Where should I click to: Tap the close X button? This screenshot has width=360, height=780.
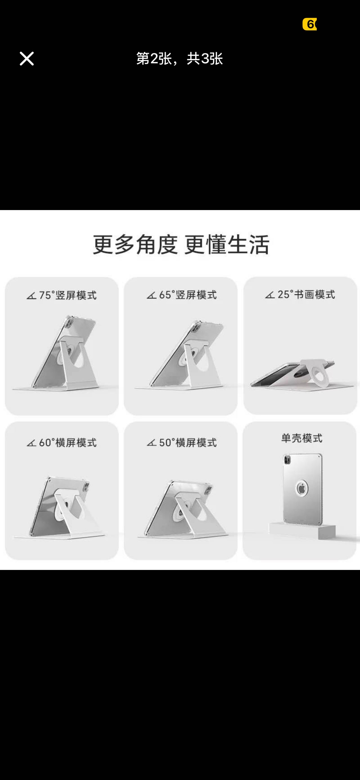[x=27, y=58]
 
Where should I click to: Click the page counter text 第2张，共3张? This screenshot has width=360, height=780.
[x=179, y=58]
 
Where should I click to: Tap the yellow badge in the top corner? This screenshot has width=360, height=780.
[x=309, y=24]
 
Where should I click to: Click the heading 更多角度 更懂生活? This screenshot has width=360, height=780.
[x=181, y=244]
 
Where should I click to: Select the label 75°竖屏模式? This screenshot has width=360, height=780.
[x=68, y=295]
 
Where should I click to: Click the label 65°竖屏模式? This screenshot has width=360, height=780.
[x=188, y=295]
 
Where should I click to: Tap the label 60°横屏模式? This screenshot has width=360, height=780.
[x=68, y=442]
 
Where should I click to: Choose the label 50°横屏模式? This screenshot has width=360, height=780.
[x=188, y=442]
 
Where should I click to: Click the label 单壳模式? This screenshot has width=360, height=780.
[x=301, y=438]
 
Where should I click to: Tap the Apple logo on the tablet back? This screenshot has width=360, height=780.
[x=301, y=488]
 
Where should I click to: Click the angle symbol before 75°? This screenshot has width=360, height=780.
[x=31, y=296]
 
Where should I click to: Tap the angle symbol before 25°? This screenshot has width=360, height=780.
[x=270, y=295]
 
